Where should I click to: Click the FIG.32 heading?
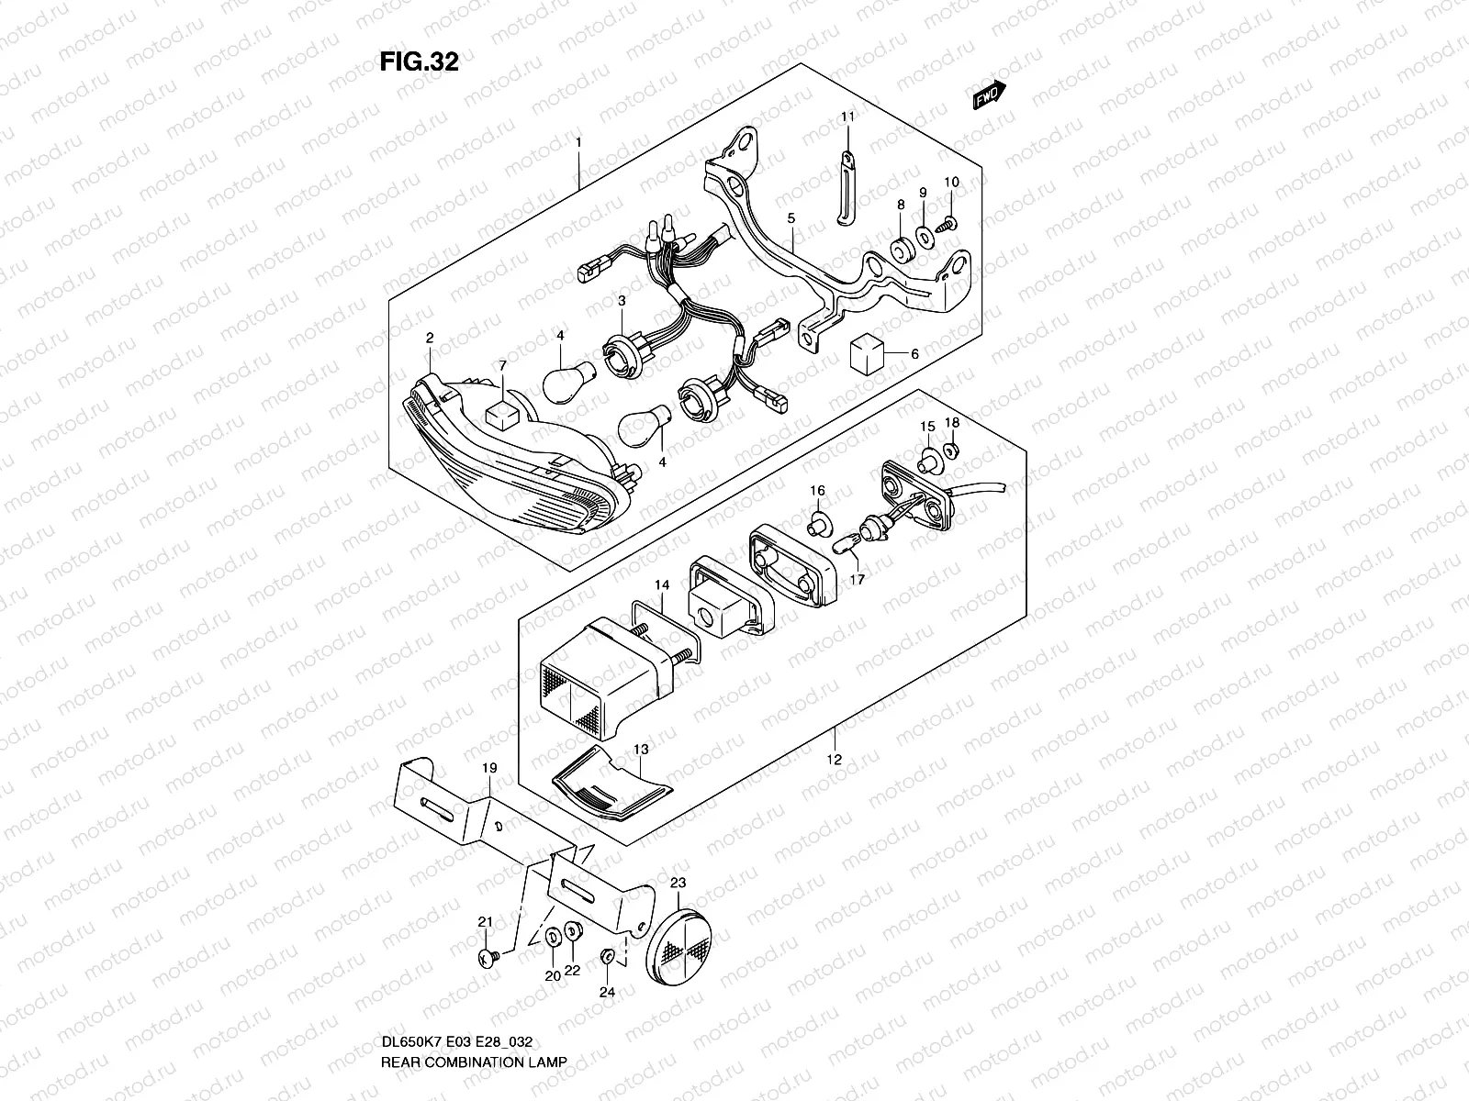point(419,61)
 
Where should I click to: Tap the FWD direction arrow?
point(990,95)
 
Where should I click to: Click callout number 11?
point(847,117)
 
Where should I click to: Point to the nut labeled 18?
point(952,449)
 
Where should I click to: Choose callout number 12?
point(835,760)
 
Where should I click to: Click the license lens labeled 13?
point(611,786)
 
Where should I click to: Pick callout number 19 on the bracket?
point(488,767)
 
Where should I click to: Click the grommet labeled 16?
point(815,527)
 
